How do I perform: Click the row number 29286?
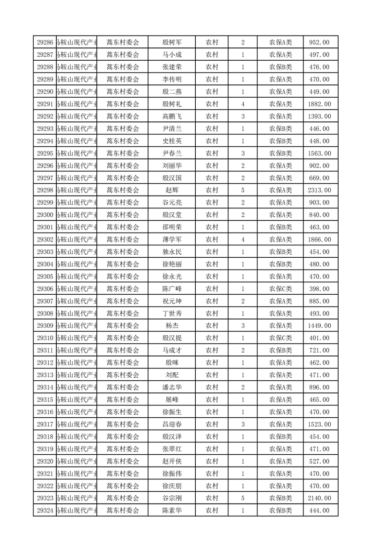(45, 42)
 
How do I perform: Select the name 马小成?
(172, 55)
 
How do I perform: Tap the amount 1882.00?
(319, 104)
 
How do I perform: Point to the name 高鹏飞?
(172, 117)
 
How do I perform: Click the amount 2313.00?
(319, 190)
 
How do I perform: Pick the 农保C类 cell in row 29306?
(280, 289)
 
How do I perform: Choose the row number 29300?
(45, 215)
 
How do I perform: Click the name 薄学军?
(172, 239)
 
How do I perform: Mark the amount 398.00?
(319, 289)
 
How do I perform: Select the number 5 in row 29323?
(243, 498)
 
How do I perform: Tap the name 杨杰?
(172, 326)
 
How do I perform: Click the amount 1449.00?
(319, 326)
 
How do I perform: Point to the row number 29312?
(45, 363)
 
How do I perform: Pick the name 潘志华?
(172, 388)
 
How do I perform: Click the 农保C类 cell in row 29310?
(280, 338)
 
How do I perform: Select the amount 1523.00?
(319, 424)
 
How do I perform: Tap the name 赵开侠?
(172, 461)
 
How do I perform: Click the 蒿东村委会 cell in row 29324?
(123, 511)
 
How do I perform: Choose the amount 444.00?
(319, 511)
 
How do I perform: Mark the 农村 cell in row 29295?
(212, 154)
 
